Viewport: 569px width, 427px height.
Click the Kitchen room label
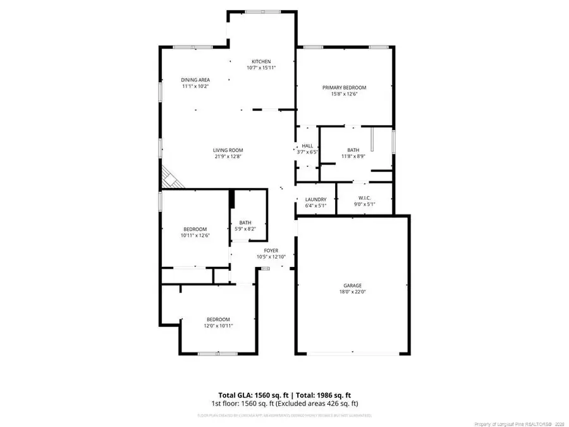pos(261,61)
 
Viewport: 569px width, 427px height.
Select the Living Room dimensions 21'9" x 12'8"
pos(228,156)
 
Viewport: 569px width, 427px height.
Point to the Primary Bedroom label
pos(344,87)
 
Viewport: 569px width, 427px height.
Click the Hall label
pos(307,146)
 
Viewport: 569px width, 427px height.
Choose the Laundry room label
pos(315,199)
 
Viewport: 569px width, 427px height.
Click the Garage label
pos(353,286)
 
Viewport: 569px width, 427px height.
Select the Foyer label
pos(271,251)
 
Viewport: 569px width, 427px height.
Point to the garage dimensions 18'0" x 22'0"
pos(353,292)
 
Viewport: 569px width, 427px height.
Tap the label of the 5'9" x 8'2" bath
pos(245,223)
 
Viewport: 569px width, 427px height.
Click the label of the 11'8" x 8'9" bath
pos(353,150)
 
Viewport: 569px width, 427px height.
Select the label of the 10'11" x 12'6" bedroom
pos(195,229)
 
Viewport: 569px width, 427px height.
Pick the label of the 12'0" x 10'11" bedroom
pos(218,319)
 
